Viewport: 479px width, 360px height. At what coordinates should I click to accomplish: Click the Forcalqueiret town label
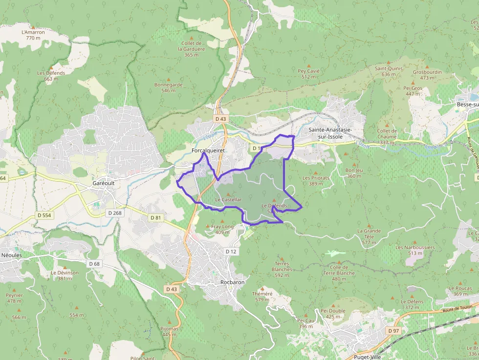coord(208,151)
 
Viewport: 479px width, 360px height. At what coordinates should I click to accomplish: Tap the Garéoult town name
coord(103,183)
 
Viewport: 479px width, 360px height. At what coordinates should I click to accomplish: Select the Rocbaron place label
coord(232,282)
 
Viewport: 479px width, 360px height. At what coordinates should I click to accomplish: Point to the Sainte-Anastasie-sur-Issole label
coord(330,133)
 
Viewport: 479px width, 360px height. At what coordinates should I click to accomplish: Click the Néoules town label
coord(12,255)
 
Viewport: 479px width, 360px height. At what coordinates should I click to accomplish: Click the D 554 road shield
coord(44,215)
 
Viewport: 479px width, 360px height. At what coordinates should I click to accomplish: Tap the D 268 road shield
coord(114,213)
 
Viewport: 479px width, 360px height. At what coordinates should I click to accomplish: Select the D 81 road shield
coord(155,217)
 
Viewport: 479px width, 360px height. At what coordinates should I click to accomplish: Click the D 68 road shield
coord(94,264)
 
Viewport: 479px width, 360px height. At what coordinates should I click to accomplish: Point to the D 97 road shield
coord(393,331)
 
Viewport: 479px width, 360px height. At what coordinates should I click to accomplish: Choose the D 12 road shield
coord(231,251)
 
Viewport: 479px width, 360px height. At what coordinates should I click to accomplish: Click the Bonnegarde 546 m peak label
coord(168,87)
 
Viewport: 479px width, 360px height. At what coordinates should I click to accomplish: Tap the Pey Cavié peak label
coord(308,74)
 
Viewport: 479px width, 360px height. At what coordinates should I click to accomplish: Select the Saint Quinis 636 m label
coord(389,71)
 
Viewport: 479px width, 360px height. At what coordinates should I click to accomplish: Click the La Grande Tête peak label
coord(369,233)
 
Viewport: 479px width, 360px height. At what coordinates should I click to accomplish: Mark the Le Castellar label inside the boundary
coord(228,200)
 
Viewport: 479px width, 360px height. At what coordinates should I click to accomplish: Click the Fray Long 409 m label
coord(222,229)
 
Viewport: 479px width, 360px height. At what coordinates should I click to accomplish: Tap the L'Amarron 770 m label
coord(33,35)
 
